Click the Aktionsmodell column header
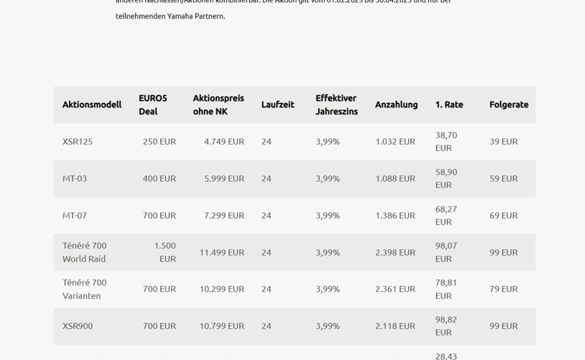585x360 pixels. (x=92, y=104)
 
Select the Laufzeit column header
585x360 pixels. (x=277, y=104)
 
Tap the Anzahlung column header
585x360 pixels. (x=396, y=104)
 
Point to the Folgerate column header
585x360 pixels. (x=509, y=104)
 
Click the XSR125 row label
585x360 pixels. (x=78, y=141)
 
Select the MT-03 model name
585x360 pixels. (x=74, y=178)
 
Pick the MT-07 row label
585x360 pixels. (x=74, y=215)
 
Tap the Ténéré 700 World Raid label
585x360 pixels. (x=85, y=252)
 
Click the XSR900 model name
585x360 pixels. (x=78, y=326)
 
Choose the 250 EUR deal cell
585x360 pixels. (x=159, y=141)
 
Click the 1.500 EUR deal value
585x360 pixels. (x=165, y=252)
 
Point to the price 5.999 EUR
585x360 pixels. (x=224, y=178)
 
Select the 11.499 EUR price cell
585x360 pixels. (x=221, y=252)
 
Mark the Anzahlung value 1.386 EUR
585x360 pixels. (x=395, y=215)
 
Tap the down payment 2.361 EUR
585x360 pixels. (x=395, y=289)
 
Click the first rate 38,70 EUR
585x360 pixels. (x=446, y=141)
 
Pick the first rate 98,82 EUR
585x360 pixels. (x=446, y=326)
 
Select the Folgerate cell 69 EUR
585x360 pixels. (x=504, y=215)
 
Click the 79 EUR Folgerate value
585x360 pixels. (x=504, y=289)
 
